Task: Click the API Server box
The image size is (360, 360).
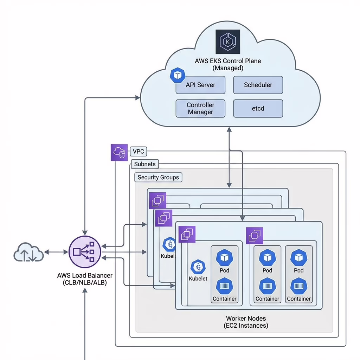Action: coord(200,85)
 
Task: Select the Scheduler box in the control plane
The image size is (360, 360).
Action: coord(258,85)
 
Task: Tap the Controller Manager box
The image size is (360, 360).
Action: coord(200,108)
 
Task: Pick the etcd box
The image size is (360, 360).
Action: coord(258,108)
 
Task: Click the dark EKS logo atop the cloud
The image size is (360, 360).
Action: coord(228,42)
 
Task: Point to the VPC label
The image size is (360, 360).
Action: coord(138,152)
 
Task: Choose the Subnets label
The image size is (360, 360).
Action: coord(145,164)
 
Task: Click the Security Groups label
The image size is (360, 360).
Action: coord(158,178)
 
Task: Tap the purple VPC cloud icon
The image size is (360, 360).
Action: coord(119,153)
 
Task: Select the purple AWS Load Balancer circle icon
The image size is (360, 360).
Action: coord(85,252)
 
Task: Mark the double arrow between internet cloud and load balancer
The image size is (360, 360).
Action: coord(56,252)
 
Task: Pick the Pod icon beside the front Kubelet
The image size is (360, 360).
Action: coord(224,258)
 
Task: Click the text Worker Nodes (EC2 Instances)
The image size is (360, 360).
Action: coord(246,322)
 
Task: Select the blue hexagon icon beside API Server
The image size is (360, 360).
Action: coord(178,75)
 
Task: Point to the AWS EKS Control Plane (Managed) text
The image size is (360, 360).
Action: coord(228,64)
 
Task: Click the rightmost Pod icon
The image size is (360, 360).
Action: coord(298,258)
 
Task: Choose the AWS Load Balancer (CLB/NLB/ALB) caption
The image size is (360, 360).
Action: coord(85,279)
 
